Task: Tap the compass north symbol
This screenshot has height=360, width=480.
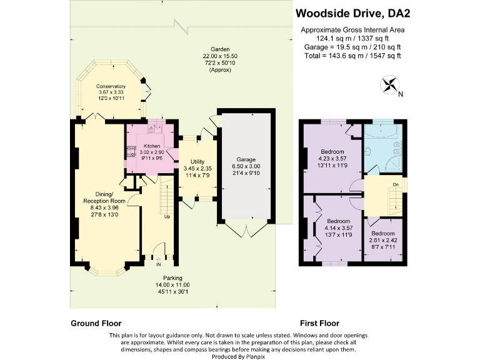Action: (388, 84)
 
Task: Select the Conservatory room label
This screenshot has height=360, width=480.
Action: (111, 87)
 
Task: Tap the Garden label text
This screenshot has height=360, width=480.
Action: (219, 49)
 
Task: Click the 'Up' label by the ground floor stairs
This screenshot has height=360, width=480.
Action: (167, 217)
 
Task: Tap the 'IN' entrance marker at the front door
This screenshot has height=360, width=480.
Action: (158, 263)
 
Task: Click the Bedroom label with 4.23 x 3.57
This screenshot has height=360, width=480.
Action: (331, 152)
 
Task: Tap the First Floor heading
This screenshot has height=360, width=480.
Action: (319, 324)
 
